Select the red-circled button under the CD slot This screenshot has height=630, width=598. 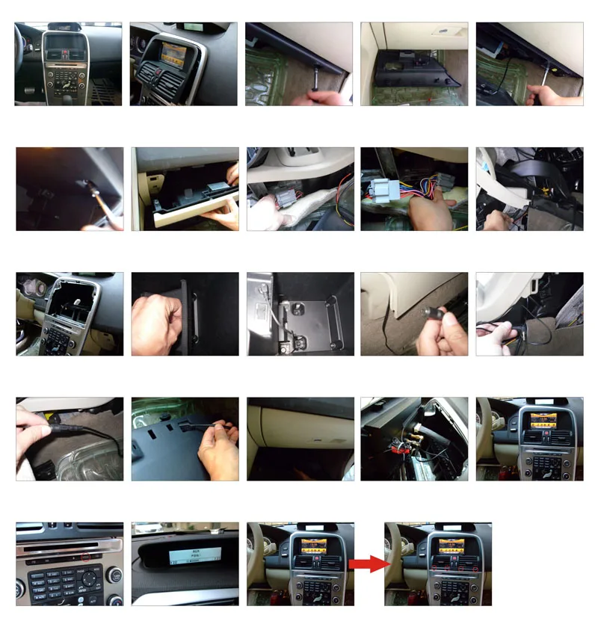tap(87, 557)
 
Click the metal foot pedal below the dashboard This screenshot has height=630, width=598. tap(28, 90)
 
